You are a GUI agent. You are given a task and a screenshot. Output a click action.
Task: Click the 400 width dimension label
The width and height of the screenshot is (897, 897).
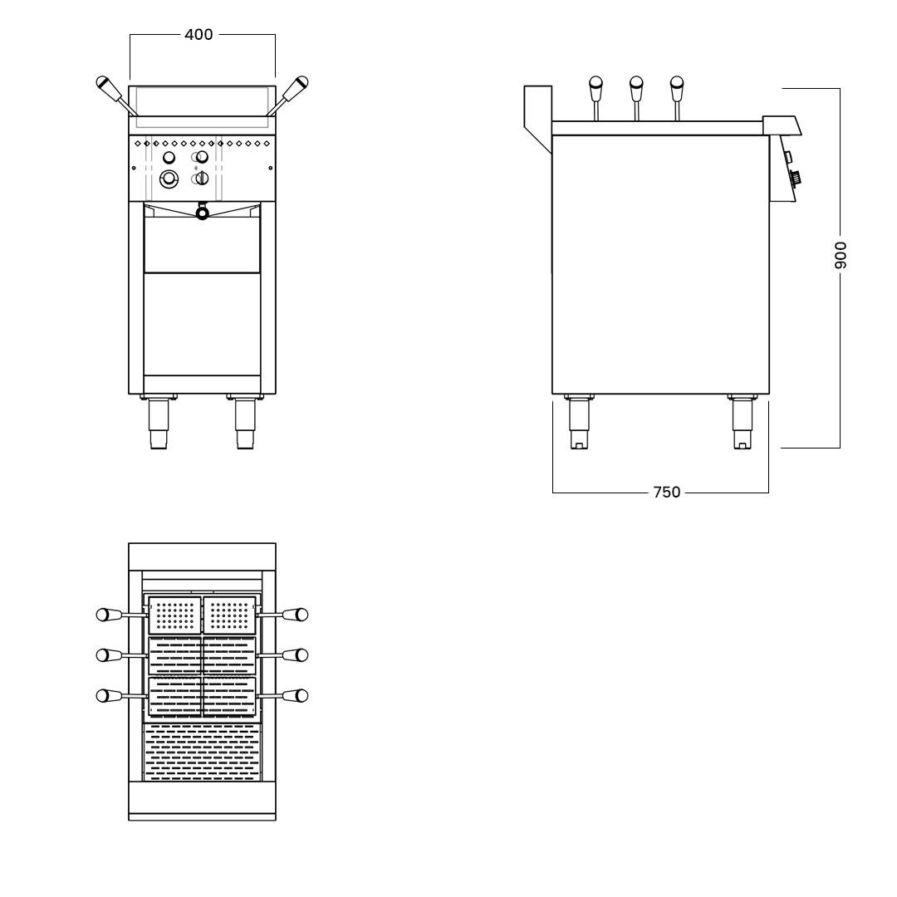(x=199, y=34)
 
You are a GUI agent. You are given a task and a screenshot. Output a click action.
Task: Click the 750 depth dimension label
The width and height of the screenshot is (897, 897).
(x=666, y=492)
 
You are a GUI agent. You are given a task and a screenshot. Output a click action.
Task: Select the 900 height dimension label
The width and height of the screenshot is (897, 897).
(x=840, y=255)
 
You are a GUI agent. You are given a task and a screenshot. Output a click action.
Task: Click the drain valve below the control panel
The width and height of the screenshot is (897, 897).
(x=202, y=213)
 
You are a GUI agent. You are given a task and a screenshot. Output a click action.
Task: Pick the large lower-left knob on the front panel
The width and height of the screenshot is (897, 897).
(x=169, y=179)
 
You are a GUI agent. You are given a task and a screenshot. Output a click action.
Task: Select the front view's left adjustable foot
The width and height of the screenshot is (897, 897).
(x=159, y=421)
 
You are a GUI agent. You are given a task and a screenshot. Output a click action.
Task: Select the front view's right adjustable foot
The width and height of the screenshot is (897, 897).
(x=245, y=421)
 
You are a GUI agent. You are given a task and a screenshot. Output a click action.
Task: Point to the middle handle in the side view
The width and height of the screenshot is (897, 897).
(x=636, y=98)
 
